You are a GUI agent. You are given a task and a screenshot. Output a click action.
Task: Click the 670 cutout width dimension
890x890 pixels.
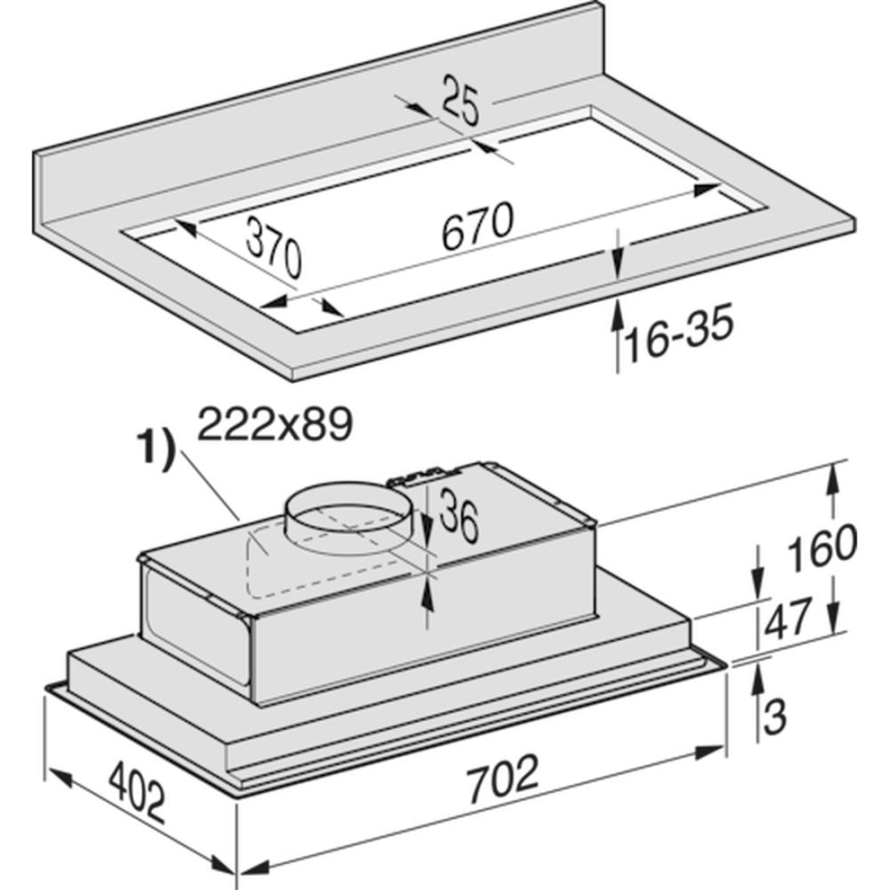(x=478, y=225)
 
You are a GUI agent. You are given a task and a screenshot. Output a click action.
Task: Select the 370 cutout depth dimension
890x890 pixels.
(x=274, y=249)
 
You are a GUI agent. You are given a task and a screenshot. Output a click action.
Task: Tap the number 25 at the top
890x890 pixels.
(x=460, y=101)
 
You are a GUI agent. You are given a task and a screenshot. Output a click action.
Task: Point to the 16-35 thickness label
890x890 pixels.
(x=678, y=332)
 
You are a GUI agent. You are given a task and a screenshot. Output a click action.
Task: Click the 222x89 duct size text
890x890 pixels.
(x=275, y=423)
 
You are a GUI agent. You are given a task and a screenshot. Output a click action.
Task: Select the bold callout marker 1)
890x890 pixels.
(x=154, y=450)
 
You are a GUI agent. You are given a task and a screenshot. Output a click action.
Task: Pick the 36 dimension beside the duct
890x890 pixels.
(x=459, y=515)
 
